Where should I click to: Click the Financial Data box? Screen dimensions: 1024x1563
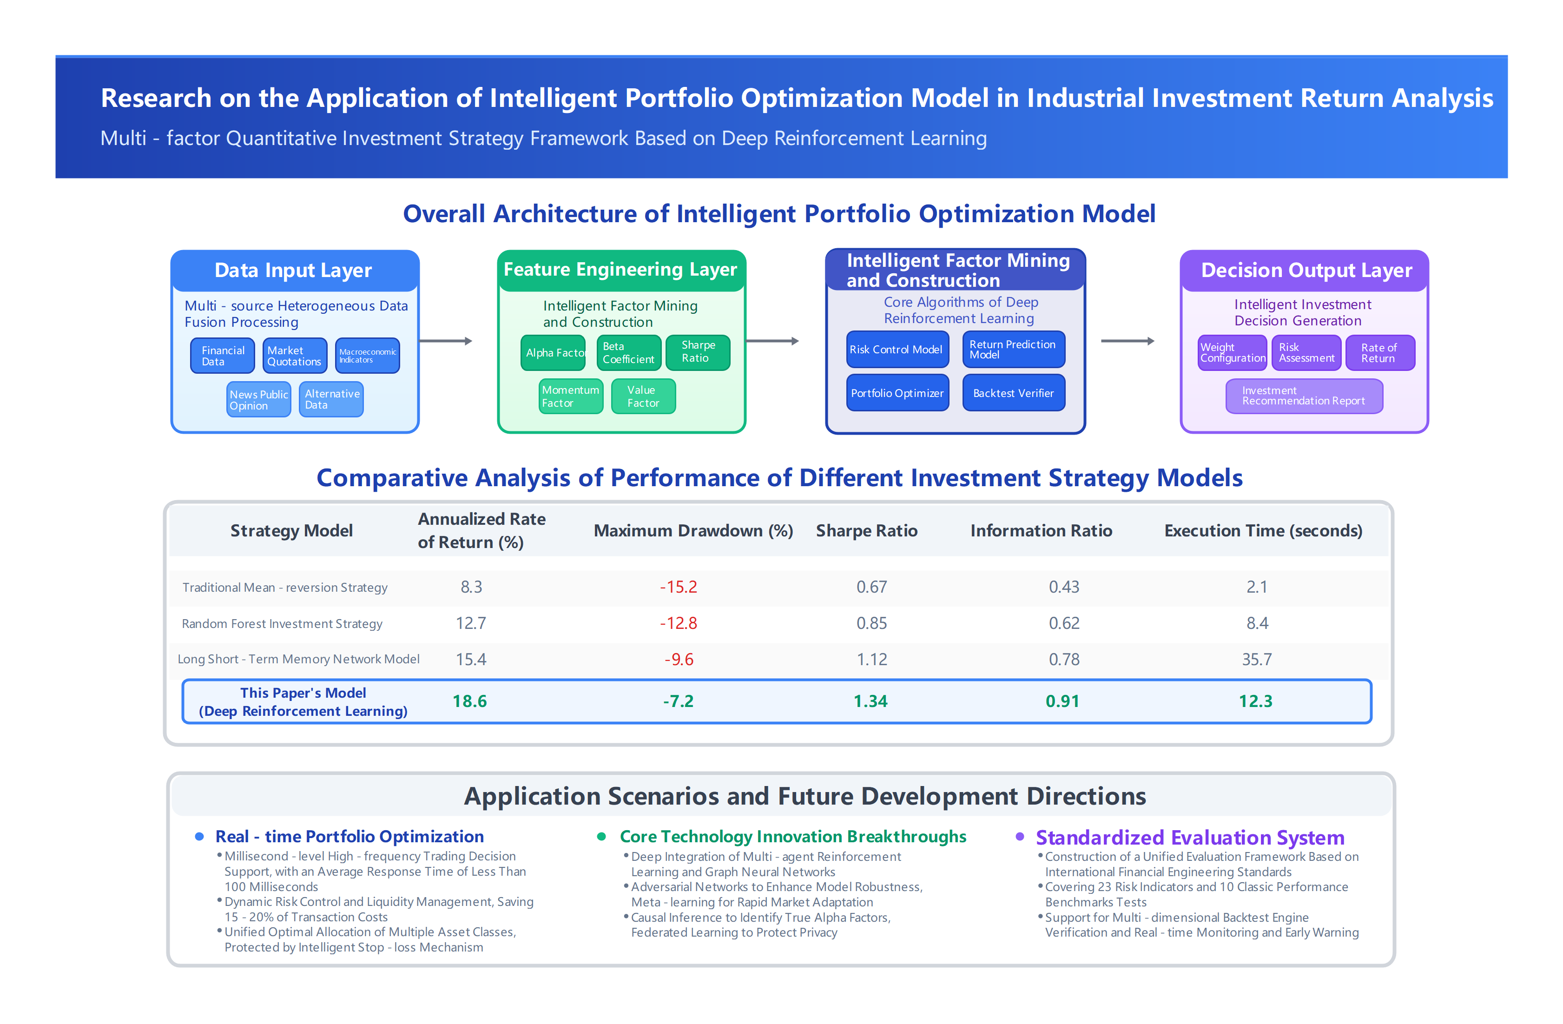[x=222, y=355]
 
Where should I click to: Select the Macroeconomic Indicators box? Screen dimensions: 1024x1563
[x=367, y=355]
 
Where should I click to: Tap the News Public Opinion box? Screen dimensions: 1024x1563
[x=258, y=399]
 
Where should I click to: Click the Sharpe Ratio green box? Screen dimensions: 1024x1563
[x=698, y=352]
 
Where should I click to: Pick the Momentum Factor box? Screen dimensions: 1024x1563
[x=570, y=396]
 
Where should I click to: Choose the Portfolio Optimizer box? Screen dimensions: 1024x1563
[x=897, y=393]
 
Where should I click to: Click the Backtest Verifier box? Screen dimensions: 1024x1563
[x=1013, y=393]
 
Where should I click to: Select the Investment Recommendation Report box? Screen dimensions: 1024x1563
[x=1304, y=396]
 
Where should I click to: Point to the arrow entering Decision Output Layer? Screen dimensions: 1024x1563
[x=1127, y=341]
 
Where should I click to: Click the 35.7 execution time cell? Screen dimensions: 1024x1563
[x=1256, y=659]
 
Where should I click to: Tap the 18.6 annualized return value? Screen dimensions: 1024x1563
[x=469, y=701]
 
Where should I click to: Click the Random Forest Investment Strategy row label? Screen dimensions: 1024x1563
[x=282, y=623]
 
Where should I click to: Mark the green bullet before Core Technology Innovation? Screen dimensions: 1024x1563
[x=601, y=836]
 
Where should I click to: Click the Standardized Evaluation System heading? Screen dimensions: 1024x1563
[x=1189, y=838]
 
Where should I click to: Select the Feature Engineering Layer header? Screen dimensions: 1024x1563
[x=620, y=269]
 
